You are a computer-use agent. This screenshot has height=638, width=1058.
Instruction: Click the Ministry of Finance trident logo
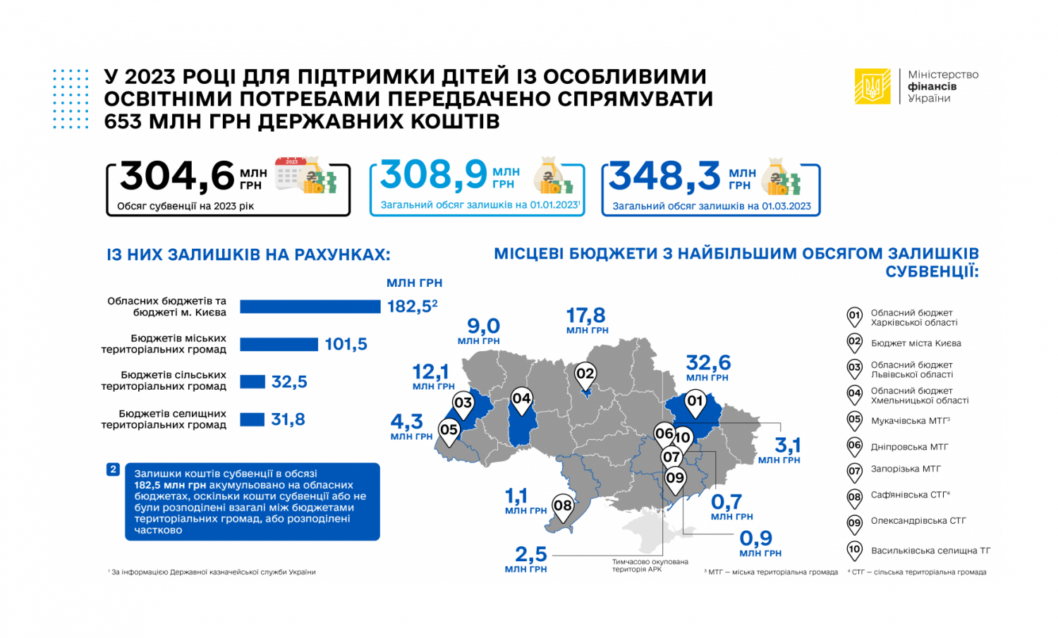tap(872, 87)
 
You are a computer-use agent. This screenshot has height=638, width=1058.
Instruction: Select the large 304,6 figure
tap(177, 176)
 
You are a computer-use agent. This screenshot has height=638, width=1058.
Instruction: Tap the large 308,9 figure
tap(434, 174)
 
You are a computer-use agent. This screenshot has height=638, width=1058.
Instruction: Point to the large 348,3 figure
tap(664, 176)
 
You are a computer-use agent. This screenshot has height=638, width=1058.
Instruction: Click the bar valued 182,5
tap(310, 307)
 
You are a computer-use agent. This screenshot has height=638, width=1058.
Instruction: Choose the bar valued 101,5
tap(279, 344)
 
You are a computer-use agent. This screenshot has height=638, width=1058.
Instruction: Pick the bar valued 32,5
tap(253, 382)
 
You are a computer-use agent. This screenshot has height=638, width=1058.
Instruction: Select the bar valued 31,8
tap(252, 419)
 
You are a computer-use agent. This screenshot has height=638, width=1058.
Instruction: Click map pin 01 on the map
tap(695, 403)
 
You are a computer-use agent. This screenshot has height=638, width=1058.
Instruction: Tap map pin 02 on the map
tap(585, 374)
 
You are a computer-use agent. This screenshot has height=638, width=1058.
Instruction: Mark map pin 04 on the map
tap(521, 400)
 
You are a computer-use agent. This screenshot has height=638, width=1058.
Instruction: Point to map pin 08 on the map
tap(562, 506)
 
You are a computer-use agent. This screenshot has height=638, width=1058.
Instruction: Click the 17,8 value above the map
tap(586, 315)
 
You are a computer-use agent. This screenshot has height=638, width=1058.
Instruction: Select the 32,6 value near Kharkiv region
tap(708, 362)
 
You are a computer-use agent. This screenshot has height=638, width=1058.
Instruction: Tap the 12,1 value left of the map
tap(430, 372)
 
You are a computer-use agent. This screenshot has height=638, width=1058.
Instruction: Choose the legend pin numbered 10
tap(854, 550)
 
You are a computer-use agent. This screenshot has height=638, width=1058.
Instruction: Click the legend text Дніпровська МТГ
tap(909, 447)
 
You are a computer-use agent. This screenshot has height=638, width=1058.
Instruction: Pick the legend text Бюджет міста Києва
tap(916, 343)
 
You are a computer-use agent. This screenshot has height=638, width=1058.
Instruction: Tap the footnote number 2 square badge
tap(113, 469)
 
